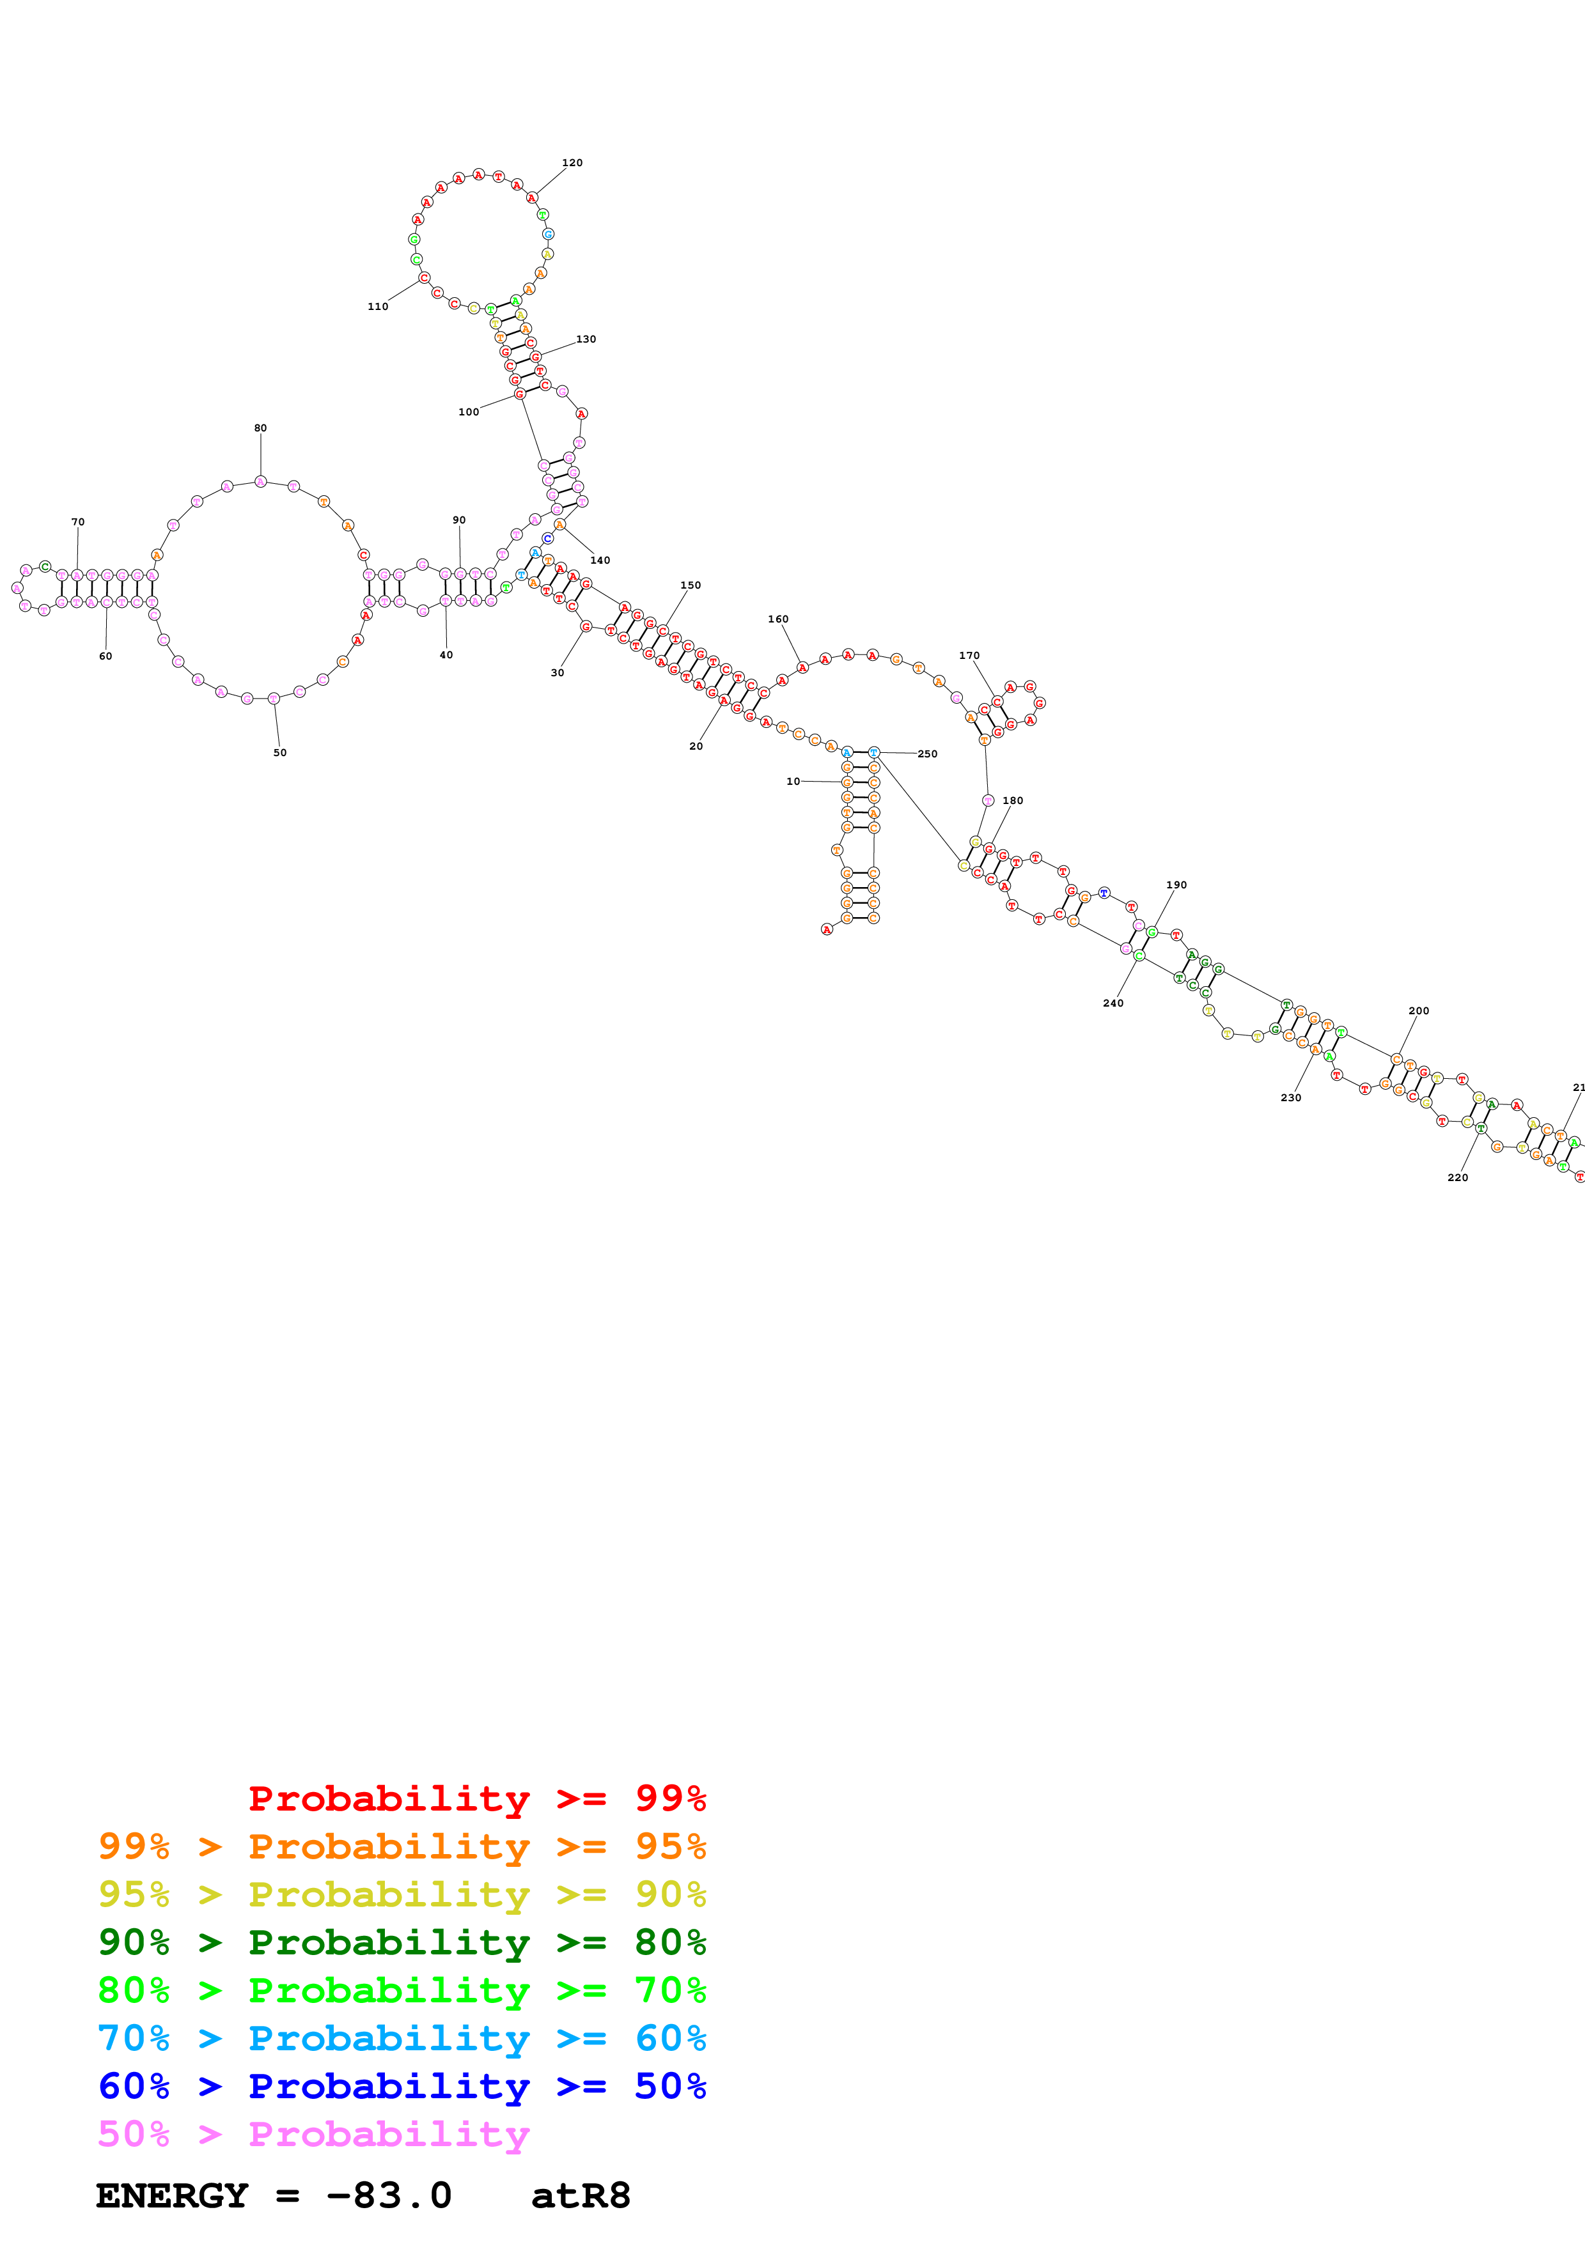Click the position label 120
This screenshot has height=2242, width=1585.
point(572,163)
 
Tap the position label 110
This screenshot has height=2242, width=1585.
point(378,307)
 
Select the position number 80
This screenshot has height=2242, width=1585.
point(261,428)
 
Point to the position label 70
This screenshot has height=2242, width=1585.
point(78,522)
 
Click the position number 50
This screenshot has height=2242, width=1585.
point(280,753)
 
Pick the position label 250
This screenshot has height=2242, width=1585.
point(927,754)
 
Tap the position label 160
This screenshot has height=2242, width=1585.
point(778,619)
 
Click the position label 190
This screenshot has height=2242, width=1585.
point(1177,885)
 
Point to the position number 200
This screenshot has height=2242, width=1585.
point(1419,1010)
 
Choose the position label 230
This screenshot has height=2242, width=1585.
point(1291,1097)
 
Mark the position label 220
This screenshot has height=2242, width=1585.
point(1458,1178)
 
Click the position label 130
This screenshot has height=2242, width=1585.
point(586,339)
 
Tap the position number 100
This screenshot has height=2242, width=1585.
point(469,412)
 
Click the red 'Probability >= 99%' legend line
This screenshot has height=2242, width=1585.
point(476,1798)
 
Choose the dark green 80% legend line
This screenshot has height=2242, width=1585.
point(402,1942)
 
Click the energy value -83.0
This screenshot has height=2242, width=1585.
point(389,2195)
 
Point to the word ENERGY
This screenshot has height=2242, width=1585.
point(172,2195)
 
